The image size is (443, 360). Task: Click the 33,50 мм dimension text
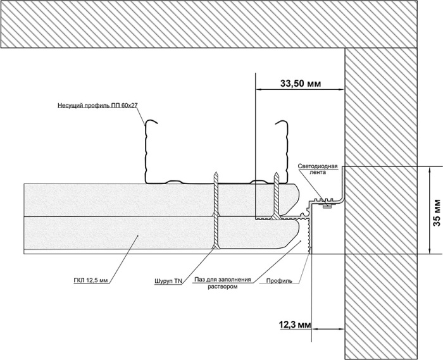pyautogui.click(x=301, y=83)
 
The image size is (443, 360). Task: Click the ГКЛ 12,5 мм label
pyautogui.click(x=91, y=280)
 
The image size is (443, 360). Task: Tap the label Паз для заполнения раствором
pyautogui.click(x=223, y=283)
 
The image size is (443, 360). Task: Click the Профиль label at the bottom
pyautogui.click(x=279, y=280)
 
